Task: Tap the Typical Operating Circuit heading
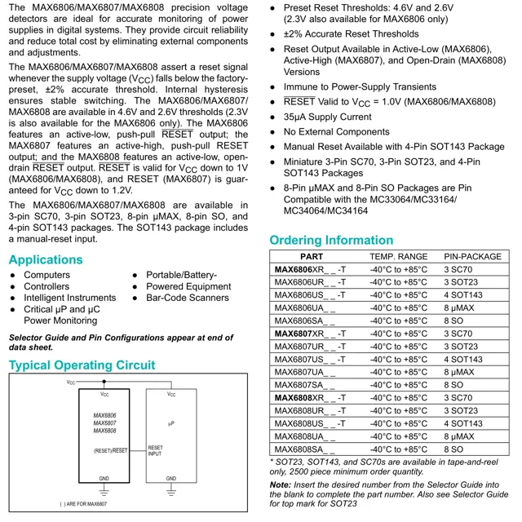click(x=82, y=365)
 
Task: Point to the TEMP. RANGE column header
click(x=398, y=257)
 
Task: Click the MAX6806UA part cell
click(x=305, y=308)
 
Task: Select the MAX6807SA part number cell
click(x=305, y=385)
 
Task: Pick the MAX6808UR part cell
click(x=305, y=411)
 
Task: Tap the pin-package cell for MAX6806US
click(x=463, y=295)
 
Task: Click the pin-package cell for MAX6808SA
click(x=453, y=449)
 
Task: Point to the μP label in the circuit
click(x=171, y=423)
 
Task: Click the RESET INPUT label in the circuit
click(x=155, y=451)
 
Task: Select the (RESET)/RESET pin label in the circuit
click(x=111, y=449)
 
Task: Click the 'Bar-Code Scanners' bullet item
click(x=187, y=299)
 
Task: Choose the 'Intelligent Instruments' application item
click(x=69, y=299)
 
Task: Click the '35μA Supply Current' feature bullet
click(x=327, y=117)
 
